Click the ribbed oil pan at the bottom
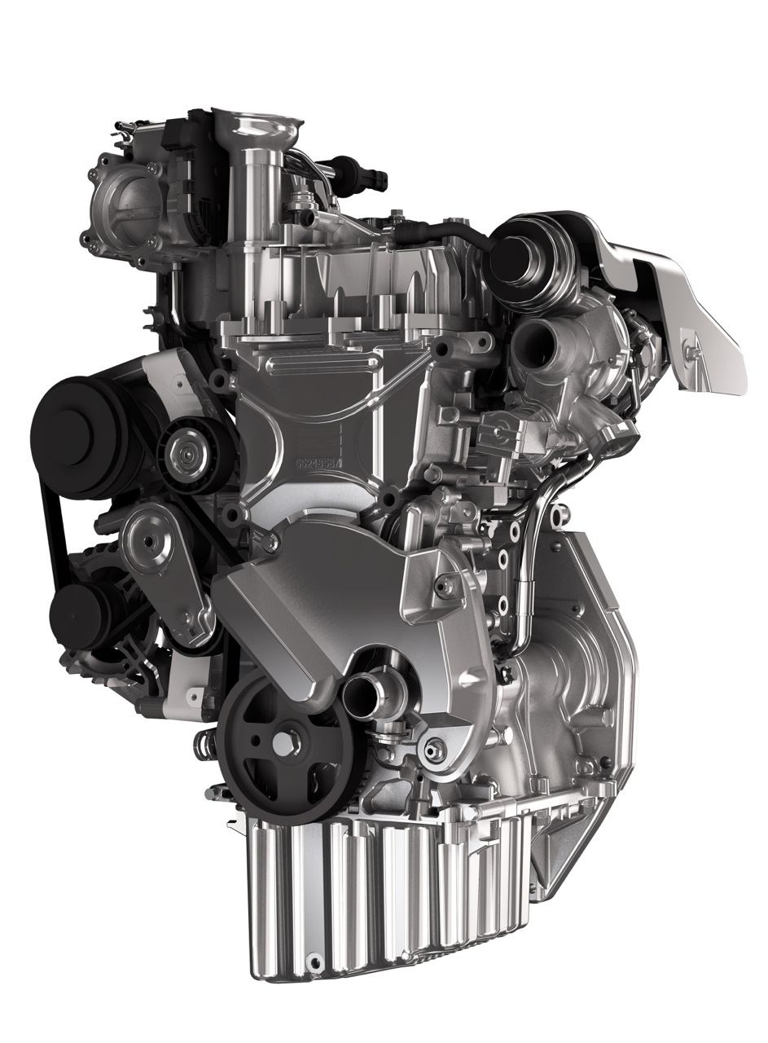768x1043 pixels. click(x=383, y=896)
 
